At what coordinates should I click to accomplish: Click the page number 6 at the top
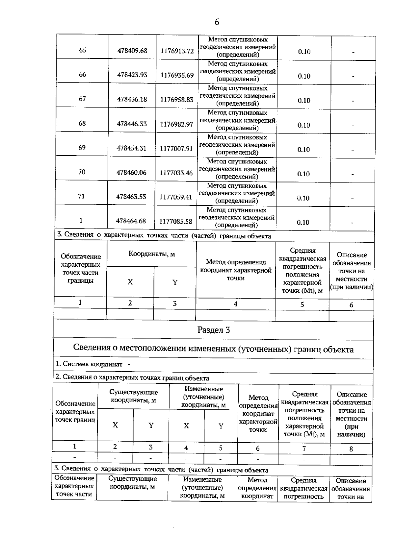coord(217,22)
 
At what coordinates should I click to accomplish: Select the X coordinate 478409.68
coord(132,51)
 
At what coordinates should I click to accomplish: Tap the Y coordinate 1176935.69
coord(177,75)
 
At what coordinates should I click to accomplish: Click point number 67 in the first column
coord(82,99)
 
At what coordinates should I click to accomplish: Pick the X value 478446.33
coord(132,124)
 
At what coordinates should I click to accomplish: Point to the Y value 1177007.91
coord(176,148)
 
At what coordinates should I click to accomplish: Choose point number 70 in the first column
coord(82,172)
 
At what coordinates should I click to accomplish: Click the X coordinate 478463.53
coord(131,197)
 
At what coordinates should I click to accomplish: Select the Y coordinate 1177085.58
coord(176,221)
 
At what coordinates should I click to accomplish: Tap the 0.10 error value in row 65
coord(304,52)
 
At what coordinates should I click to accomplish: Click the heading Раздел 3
coord(213,330)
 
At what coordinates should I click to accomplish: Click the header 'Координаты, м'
coord(151,254)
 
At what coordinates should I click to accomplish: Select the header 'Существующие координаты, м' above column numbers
coord(133,396)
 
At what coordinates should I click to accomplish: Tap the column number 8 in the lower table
coord(351,449)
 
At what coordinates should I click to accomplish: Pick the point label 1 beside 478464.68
coord(81,220)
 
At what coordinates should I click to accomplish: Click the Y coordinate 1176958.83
coord(177,99)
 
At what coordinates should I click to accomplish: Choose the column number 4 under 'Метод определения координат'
coord(235,304)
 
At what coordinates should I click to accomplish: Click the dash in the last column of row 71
coord(353,199)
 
